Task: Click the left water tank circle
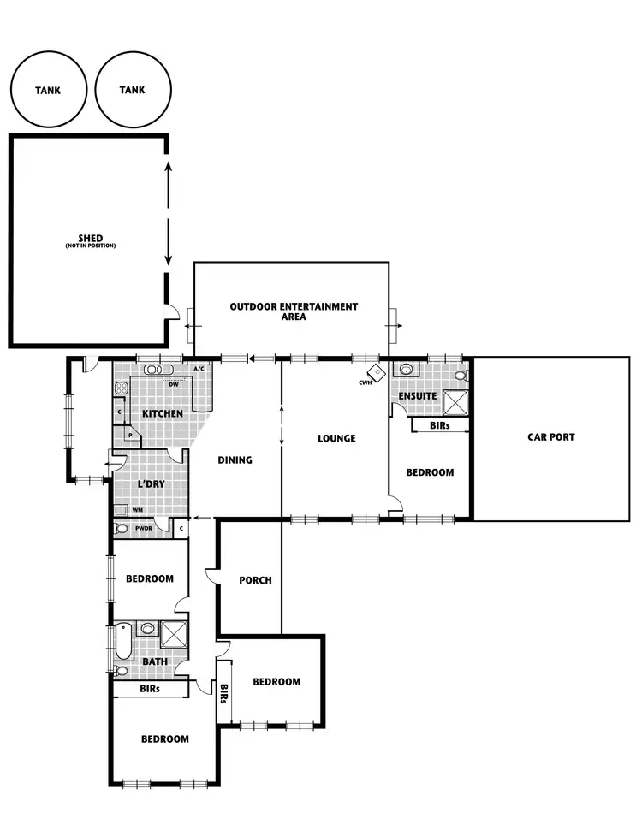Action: tap(48, 90)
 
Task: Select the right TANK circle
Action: tap(133, 90)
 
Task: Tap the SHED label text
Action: tap(90, 239)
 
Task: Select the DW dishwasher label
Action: tap(173, 384)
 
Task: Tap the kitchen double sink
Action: tap(158, 370)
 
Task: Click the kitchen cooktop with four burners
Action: tap(121, 388)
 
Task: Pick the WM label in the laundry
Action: tap(137, 510)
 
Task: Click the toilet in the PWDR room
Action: tap(122, 529)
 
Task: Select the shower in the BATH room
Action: tap(175, 635)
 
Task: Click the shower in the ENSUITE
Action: tap(455, 400)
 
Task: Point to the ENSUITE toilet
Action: tap(461, 375)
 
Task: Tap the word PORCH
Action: tap(255, 580)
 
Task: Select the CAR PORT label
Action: tap(550, 436)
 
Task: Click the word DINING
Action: tap(235, 460)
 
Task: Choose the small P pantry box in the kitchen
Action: tap(130, 435)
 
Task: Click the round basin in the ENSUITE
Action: tap(404, 370)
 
